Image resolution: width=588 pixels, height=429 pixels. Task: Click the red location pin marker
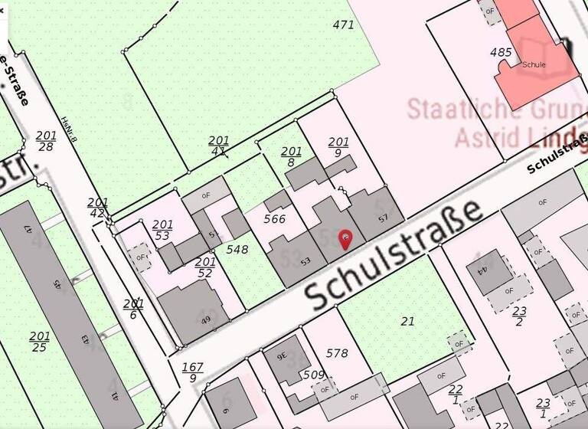pos(345,239)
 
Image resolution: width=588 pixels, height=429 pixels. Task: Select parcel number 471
pos(344,25)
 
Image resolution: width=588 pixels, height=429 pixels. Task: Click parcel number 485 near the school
pos(501,53)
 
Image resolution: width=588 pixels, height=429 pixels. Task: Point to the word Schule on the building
pos(534,65)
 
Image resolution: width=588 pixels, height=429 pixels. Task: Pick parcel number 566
pos(274,219)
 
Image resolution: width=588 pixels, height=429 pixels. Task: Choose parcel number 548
pos(237,249)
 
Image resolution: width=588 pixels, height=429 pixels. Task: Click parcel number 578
pos(337,353)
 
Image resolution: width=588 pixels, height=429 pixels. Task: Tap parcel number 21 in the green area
pos(407,321)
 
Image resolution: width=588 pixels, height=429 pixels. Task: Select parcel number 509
pos(314,375)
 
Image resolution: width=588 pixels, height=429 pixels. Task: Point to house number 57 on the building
pos(384,218)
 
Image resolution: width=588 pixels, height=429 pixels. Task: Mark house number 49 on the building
pos(205,319)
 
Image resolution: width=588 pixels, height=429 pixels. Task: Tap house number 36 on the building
pos(281,355)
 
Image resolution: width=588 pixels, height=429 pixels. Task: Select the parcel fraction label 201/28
pos(45,141)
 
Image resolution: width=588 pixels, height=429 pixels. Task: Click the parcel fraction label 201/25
pos(40,342)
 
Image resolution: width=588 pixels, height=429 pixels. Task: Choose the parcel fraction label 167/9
pos(192,372)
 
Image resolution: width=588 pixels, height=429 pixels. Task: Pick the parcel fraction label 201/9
pos(338,147)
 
